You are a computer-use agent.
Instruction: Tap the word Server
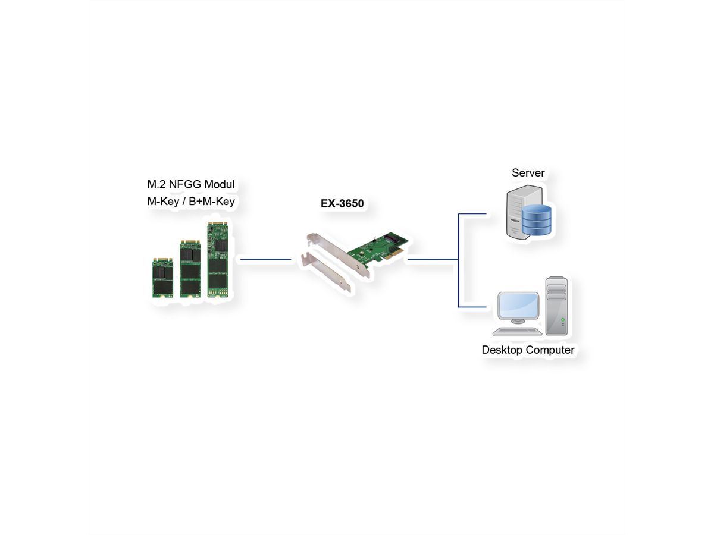(x=528, y=173)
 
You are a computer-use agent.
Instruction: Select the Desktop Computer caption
(x=528, y=350)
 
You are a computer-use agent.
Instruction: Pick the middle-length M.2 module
(x=190, y=268)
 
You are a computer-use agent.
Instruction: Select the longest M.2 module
(x=217, y=259)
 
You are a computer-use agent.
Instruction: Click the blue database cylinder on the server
(x=537, y=221)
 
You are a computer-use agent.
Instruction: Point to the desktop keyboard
(x=516, y=332)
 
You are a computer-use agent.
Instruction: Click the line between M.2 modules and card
(x=265, y=259)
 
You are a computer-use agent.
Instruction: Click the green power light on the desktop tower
(x=563, y=320)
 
